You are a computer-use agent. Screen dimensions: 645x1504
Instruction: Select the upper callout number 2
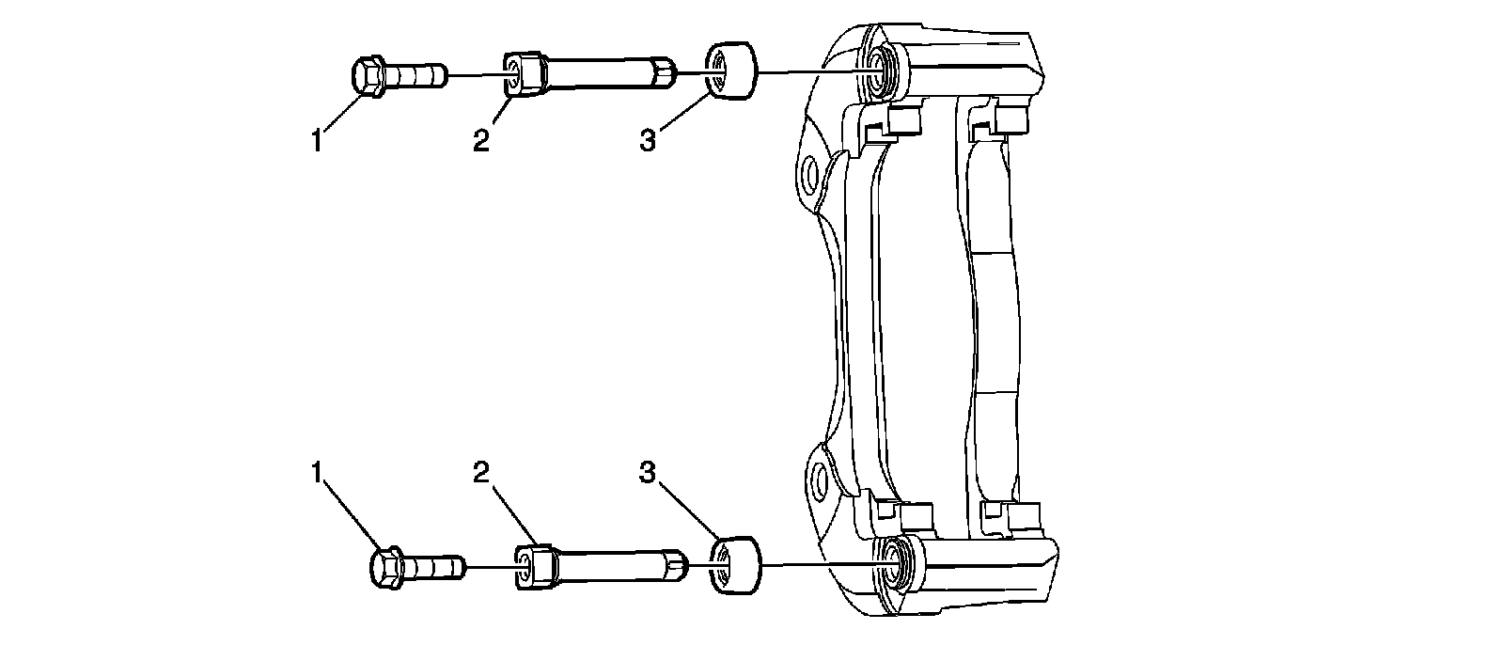pyautogui.click(x=481, y=142)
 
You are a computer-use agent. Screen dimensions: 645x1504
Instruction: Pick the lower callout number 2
pyautogui.click(x=481, y=473)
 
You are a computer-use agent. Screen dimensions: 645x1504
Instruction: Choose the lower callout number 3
pyautogui.click(x=647, y=473)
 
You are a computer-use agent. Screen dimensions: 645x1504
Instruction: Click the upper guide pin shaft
pyautogui.click(x=602, y=72)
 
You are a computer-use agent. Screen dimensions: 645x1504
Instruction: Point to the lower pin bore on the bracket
pyautogui.click(x=887, y=562)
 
